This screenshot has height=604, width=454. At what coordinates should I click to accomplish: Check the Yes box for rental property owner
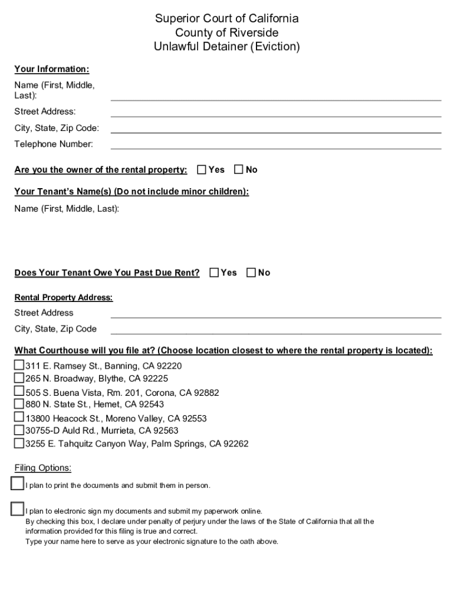tap(202, 170)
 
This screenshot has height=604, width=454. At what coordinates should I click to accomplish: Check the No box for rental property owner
tap(239, 170)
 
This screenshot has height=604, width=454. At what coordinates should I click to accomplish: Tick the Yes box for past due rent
tap(214, 273)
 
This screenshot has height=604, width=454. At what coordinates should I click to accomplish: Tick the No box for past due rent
tap(251, 273)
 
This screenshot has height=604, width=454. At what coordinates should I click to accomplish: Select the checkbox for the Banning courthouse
tap(19, 365)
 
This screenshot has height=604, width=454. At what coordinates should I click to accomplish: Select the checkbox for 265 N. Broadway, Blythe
tap(19, 378)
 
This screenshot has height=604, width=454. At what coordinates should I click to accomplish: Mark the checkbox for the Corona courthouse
tap(19, 392)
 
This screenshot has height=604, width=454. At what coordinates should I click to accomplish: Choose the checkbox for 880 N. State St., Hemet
tap(19, 404)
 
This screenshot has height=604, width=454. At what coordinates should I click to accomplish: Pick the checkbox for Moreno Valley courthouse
tap(19, 418)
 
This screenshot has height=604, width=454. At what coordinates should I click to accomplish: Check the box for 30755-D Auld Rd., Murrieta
tap(19, 430)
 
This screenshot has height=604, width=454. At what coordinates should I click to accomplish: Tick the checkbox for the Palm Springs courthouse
tap(19, 443)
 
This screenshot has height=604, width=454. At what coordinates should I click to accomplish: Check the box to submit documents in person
tap(18, 484)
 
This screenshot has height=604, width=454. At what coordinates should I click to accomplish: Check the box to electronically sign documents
tap(18, 509)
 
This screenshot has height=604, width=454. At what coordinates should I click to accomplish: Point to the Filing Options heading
tap(43, 468)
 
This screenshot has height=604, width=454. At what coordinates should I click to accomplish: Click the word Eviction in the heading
tap(274, 47)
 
